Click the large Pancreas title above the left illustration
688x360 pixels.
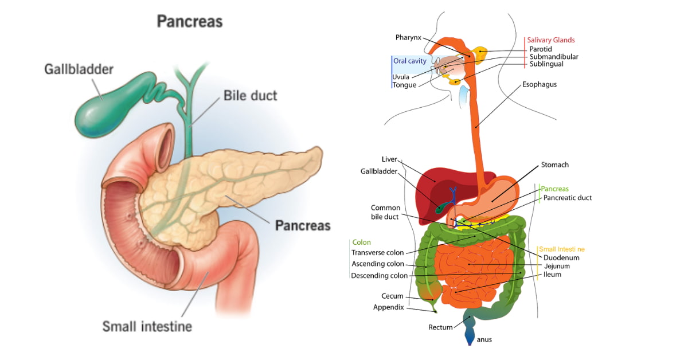(189, 22)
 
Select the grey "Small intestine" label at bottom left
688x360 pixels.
(147, 327)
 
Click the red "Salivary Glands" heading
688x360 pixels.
(551, 40)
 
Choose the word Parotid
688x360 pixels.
(541, 49)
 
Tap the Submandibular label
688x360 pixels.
(554, 57)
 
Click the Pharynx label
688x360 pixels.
(408, 38)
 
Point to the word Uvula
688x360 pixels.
(401, 77)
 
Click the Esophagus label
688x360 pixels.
(539, 84)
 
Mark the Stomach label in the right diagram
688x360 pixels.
(555, 165)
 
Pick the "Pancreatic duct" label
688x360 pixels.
(568, 198)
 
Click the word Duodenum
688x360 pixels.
(561, 258)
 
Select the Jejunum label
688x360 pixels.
(557, 267)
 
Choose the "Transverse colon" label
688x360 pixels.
(377, 253)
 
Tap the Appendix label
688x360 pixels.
(388, 307)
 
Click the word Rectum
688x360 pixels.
(440, 327)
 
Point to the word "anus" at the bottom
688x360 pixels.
(484, 339)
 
